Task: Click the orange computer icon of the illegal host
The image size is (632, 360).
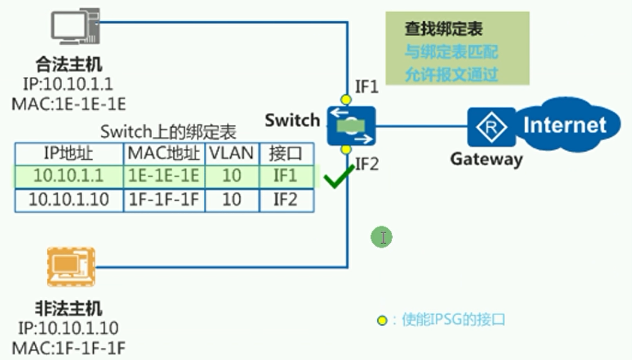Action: pos(71,266)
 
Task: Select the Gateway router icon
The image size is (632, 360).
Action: pos(491,127)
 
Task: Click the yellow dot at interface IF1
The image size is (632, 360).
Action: pos(346,99)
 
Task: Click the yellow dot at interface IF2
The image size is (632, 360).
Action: pos(346,150)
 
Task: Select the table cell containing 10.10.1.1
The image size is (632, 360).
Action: pos(69,176)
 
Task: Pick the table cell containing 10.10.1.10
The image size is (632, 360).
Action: pos(69,200)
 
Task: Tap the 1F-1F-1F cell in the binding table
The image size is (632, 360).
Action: pos(164,200)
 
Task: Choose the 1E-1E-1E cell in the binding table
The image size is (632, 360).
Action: pos(164,176)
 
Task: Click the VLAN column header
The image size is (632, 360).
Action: pos(231,153)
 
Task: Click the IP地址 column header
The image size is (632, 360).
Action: pos(69,153)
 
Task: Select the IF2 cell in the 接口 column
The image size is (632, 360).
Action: pos(285,200)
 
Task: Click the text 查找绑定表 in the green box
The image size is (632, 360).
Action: pos(443,29)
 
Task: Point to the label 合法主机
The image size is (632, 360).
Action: pos(69,64)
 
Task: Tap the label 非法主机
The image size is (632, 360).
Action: pos(68,308)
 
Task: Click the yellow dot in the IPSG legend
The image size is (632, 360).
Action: pos(382,321)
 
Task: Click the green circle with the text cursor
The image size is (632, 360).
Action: pos(382,237)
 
